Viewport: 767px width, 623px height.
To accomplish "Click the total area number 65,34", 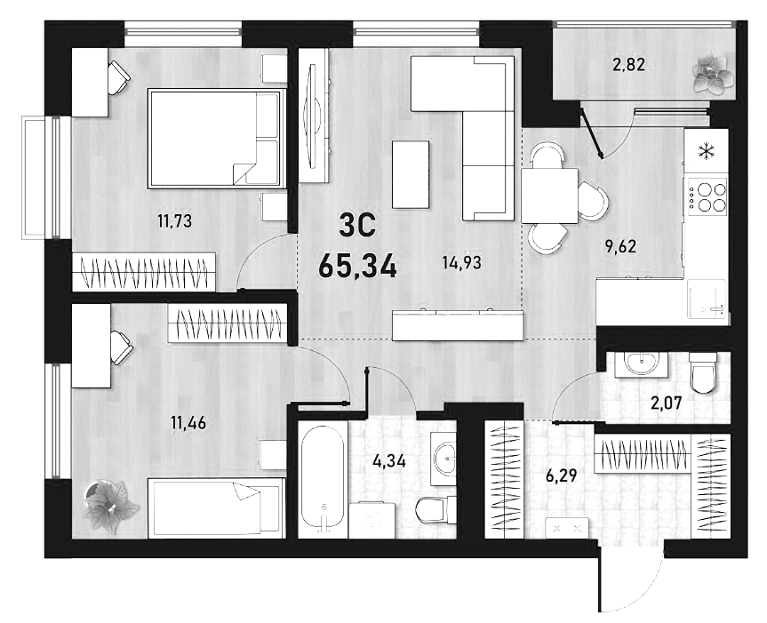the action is [x=357, y=267].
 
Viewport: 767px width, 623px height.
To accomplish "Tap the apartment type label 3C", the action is [x=357, y=226].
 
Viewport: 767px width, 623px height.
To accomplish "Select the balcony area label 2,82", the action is [x=628, y=64].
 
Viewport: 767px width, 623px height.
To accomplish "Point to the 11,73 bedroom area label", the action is [x=174, y=221].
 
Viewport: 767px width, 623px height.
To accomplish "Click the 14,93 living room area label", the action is [x=461, y=263].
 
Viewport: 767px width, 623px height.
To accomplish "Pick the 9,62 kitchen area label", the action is [x=620, y=246].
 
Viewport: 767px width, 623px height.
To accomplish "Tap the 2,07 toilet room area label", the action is [x=666, y=403].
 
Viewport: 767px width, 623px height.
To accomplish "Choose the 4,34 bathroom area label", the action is [x=389, y=460].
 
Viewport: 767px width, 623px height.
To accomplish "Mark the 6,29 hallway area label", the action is [x=561, y=475].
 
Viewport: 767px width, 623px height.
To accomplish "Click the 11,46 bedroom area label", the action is [x=188, y=422].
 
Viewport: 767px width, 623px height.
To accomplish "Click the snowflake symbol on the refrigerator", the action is [x=706, y=152].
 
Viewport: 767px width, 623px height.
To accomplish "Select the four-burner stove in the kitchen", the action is [x=707, y=196].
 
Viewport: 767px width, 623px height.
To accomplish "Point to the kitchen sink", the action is [x=707, y=299].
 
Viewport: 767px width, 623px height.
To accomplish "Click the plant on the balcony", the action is [x=713, y=71].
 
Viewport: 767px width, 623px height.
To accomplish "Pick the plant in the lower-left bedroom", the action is [x=109, y=506].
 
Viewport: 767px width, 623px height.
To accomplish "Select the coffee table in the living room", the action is [x=411, y=174].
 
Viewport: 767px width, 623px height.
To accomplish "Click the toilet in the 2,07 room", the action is [x=702, y=372].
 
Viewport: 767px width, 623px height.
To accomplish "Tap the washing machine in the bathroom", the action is [x=372, y=520].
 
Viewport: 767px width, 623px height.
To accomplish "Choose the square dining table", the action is [x=549, y=196].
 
